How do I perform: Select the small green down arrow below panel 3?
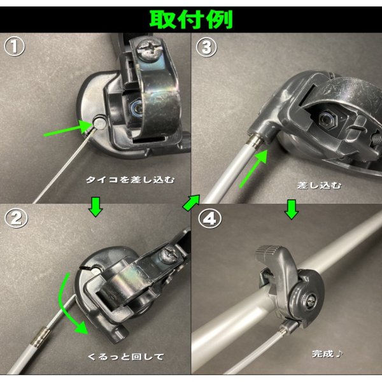(292, 208)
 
